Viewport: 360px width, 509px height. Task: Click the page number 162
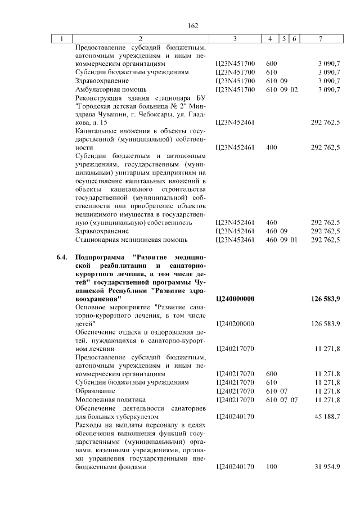pos(193,25)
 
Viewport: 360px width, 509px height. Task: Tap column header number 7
pos(320,38)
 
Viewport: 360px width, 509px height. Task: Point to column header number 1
pos(62,38)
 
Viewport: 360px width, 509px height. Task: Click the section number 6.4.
pos(62,257)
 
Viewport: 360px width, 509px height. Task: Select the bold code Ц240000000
pos(236,299)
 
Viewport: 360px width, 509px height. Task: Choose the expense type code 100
pos(272,466)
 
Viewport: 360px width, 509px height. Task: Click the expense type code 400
pos(272,147)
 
